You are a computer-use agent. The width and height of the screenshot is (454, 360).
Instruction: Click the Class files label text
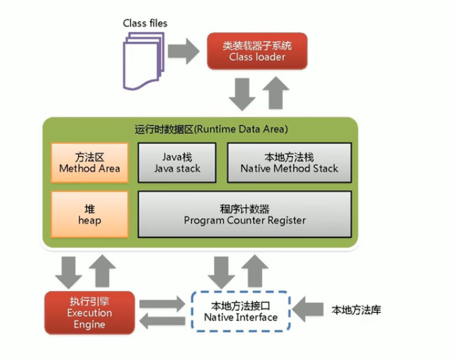(x=145, y=23)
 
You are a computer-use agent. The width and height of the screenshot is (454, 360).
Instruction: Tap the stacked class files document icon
(x=144, y=61)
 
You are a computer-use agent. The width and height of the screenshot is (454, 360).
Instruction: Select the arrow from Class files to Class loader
(x=184, y=51)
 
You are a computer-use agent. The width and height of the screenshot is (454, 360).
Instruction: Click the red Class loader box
(x=257, y=51)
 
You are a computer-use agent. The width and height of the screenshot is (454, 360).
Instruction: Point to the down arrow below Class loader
(x=242, y=94)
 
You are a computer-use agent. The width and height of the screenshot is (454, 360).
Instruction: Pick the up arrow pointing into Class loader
(x=276, y=93)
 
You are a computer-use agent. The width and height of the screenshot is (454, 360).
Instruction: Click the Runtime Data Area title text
(x=211, y=129)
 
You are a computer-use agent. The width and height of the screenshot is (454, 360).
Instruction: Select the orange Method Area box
(x=90, y=163)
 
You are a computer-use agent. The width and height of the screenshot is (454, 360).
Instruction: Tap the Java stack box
(x=177, y=163)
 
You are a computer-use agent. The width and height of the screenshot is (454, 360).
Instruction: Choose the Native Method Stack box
(x=289, y=163)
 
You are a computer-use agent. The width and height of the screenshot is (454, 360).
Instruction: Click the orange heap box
(x=90, y=214)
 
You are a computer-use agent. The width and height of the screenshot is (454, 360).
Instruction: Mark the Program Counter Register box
(x=245, y=214)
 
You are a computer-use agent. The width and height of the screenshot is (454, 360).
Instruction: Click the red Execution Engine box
(x=90, y=313)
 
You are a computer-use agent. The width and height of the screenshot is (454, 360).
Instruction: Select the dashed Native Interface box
(x=241, y=311)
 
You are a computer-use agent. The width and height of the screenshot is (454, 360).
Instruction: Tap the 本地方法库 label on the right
(x=356, y=310)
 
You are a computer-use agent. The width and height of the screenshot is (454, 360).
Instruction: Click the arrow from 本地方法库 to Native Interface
(x=308, y=309)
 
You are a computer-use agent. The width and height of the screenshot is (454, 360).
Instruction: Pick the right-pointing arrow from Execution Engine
(x=162, y=304)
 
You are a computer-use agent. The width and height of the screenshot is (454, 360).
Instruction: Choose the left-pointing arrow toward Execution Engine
(x=162, y=321)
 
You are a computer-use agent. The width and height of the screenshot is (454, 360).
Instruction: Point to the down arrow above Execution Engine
(x=68, y=272)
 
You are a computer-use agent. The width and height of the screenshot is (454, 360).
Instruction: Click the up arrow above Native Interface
(x=255, y=271)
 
